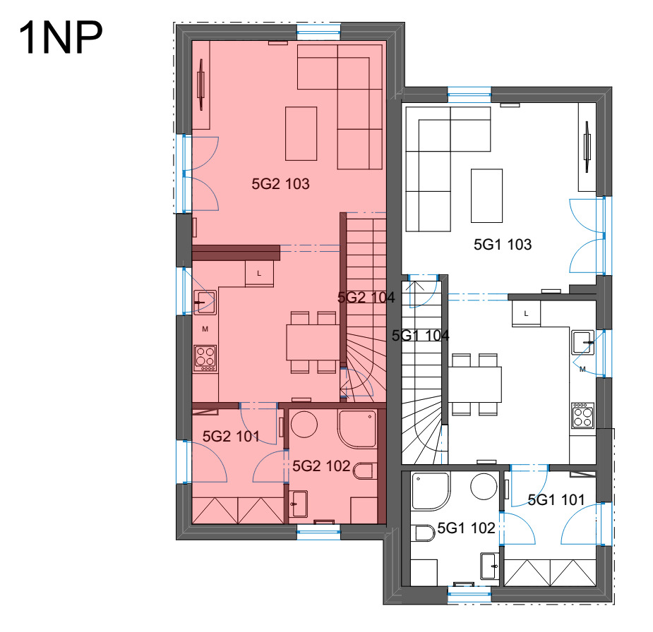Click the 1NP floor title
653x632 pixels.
pos(61,38)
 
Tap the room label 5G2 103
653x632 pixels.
pos(280,184)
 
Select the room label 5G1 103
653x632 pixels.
pos(503,245)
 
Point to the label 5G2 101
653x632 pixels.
pos(231,437)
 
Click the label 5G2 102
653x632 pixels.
pos(321,466)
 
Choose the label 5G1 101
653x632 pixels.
pos(556,499)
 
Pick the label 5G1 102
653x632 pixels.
pos(466,528)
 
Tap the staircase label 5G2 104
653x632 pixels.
pos(366,298)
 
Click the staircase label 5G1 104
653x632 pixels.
pos(420,335)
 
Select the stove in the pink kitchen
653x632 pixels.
pos(205,358)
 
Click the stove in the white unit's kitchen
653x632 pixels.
pos(582,415)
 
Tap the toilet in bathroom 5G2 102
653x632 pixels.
pos(363,471)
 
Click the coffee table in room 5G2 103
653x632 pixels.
pos(301,133)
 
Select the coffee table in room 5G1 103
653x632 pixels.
pos(486,195)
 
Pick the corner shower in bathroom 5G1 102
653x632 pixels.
pos(430,491)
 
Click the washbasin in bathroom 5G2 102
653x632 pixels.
pos(298,504)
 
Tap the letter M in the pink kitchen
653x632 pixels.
pos(205,329)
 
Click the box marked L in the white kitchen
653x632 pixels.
pos(526,313)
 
